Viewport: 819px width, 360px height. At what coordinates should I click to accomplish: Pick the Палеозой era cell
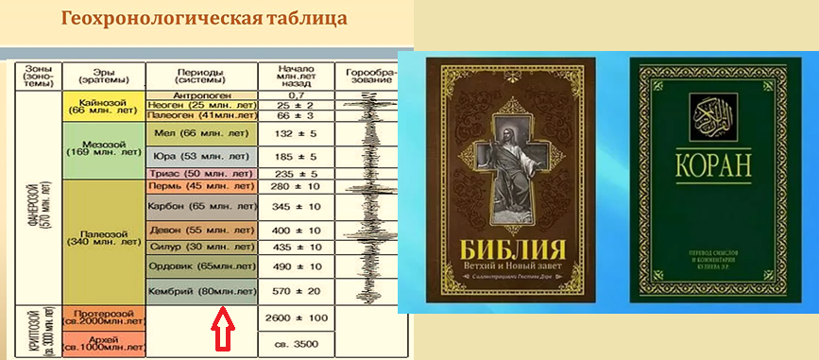click(x=104, y=238)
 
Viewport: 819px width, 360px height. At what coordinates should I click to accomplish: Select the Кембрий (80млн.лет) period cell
click(x=201, y=292)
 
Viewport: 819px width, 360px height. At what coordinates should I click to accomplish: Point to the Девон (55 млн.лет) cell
click(x=201, y=230)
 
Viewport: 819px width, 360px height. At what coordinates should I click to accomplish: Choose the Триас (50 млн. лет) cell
click(x=201, y=174)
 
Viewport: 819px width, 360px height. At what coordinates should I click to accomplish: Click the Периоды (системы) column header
click(x=201, y=76)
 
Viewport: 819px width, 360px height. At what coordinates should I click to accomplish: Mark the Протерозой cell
click(x=104, y=317)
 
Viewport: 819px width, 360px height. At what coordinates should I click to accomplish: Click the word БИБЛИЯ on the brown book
click(x=512, y=252)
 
